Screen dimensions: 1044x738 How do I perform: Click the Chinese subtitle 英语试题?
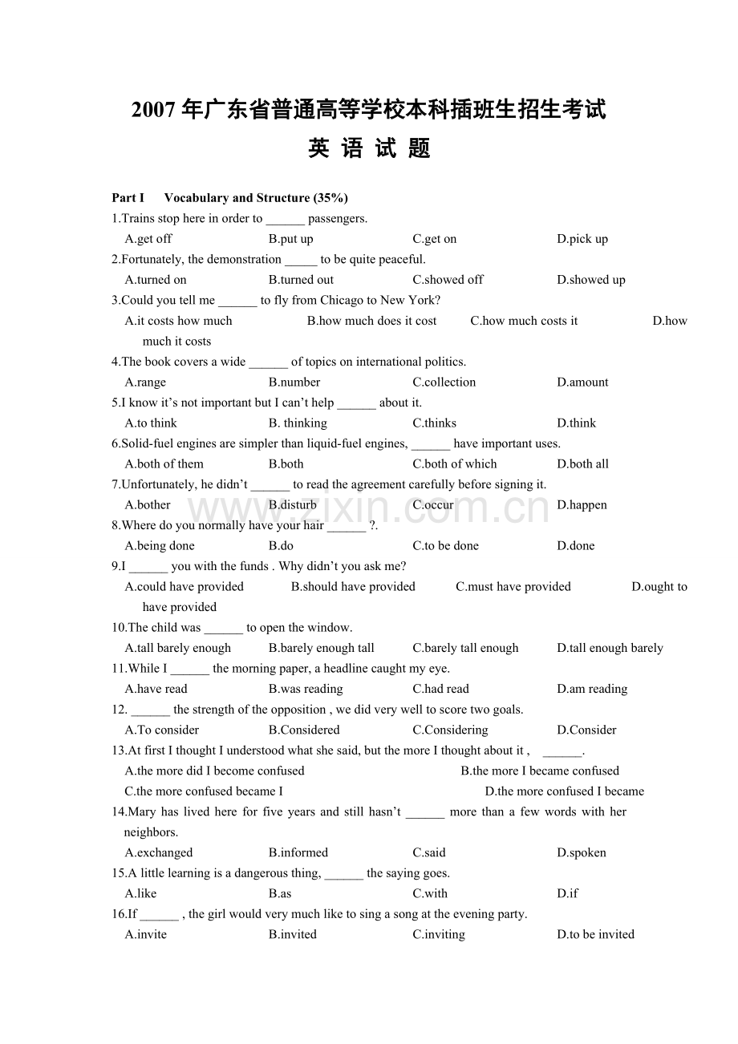click(369, 148)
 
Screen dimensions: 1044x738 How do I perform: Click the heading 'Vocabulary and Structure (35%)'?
click(255, 198)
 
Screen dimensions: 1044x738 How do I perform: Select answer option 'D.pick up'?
click(582, 239)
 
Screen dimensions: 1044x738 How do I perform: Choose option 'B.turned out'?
click(301, 280)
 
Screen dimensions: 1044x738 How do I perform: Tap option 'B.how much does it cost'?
click(371, 321)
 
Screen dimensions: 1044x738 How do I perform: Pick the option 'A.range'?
click(145, 382)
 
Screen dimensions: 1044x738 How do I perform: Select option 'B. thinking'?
click(298, 423)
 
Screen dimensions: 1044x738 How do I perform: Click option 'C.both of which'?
click(455, 464)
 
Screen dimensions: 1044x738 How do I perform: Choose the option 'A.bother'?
click(148, 505)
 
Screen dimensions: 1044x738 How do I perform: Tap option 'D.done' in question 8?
click(576, 546)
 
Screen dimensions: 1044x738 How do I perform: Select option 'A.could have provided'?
click(184, 587)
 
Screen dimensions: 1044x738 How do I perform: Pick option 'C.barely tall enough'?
click(465, 648)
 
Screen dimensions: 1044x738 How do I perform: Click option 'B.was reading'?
click(306, 689)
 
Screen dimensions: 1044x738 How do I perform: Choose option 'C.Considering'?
click(450, 730)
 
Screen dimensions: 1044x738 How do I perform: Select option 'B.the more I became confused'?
click(540, 771)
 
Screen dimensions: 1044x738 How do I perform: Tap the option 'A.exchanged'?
click(159, 852)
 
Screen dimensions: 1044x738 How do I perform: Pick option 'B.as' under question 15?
click(280, 893)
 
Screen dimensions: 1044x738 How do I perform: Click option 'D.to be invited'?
click(595, 934)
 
